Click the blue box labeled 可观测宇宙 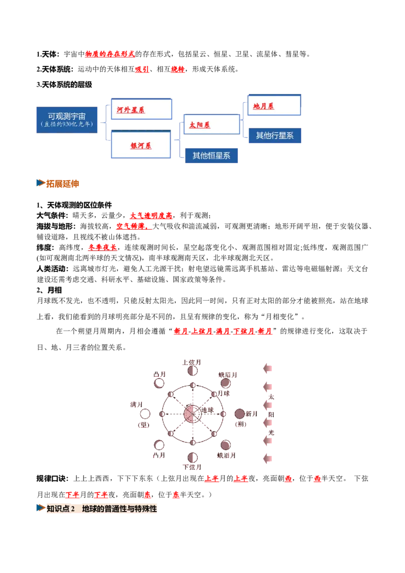(x=67, y=120)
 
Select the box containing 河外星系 (x=141, y=109)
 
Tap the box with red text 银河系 (x=141, y=144)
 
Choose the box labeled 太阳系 (x=212, y=124)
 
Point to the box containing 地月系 (x=274, y=105)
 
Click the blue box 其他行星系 (x=275, y=136)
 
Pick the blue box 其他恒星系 (x=211, y=156)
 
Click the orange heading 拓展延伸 (x=62, y=183)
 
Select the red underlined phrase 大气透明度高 (x=151, y=216)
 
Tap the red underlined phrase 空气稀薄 (x=134, y=226)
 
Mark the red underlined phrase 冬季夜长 (x=102, y=248)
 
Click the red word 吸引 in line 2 (x=142, y=69)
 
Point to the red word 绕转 (x=178, y=69)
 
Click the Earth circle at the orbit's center (x=193, y=414)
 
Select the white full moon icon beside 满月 (x=145, y=414)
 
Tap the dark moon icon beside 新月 (x=239, y=414)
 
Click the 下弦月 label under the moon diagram (x=192, y=467)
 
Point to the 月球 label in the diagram (x=224, y=393)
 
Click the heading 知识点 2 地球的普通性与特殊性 (x=102, y=509)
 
